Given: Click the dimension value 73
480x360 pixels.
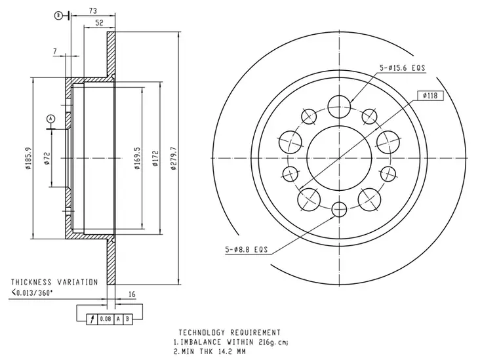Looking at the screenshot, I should pyautogui.click(x=92, y=11).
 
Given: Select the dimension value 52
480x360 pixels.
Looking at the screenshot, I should pyautogui.click(x=99, y=23).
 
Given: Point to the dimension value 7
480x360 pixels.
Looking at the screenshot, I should pyautogui.click(x=56, y=50).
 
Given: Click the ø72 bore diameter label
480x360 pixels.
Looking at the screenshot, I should pyautogui.click(x=46, y=158).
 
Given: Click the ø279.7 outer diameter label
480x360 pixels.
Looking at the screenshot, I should pyautogui.click(x=174, y=158).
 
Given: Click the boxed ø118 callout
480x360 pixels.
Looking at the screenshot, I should pyautogui.click(x=430, y=96).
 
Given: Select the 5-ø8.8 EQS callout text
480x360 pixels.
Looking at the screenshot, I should pyautogui.click(x=247, y=249).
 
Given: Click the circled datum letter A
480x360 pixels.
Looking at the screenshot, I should pyautogui.click(x=50, y=119).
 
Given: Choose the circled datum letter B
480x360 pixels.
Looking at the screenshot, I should pyautogui.click(x=58, y=15).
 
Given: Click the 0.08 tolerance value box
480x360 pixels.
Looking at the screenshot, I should pyautogui.click(x=105, y=319).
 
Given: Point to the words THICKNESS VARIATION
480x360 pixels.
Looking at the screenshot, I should pyautogui.click(x=54, y=282).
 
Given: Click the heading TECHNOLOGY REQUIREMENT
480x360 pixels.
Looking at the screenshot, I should pyautogui.click(x=230, y=332).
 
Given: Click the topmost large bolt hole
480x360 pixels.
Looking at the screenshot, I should pyautogui.click(x=339, y=102).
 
